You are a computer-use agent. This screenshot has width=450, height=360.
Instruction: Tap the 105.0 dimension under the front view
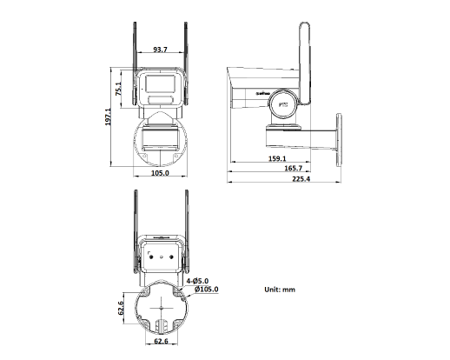point(160,173)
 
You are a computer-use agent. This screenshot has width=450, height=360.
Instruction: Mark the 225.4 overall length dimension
point(301,179)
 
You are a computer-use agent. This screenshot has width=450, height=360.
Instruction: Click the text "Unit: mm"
point(279,288)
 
